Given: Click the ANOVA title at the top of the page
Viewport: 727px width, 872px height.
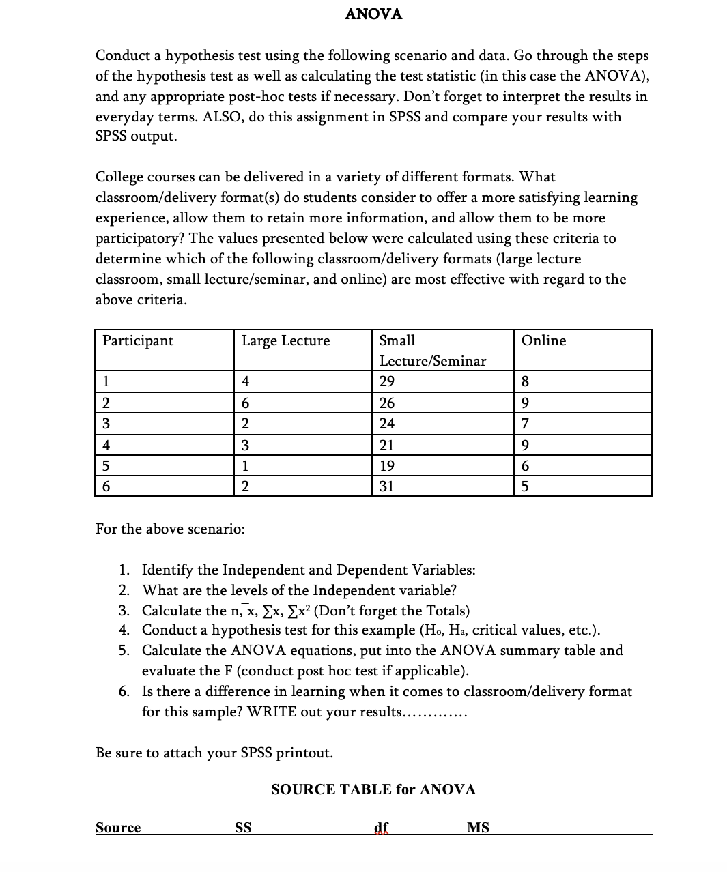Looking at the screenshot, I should tap(373, 14).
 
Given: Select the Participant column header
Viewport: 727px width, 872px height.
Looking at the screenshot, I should tap(138, 340).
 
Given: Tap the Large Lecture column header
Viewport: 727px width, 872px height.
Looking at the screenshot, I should tap(285, 340).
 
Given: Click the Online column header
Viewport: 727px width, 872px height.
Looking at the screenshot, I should tap(543, 340).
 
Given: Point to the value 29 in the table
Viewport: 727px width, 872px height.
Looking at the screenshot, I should tap(387, 381).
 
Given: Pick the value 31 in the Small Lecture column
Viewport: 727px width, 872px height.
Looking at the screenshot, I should tap(387, 486).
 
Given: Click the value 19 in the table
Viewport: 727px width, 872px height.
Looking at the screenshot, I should tap(387, 466).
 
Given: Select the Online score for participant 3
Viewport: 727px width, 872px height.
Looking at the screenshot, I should tap(524, 424).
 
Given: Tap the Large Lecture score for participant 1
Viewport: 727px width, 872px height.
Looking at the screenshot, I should tap(246, 381).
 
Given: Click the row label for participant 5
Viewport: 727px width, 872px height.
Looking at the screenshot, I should tap(106, 466).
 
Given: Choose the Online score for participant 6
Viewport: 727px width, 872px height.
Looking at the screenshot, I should tap(524, 486).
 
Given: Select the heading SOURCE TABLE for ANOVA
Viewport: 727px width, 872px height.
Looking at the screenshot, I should tap(373, 789).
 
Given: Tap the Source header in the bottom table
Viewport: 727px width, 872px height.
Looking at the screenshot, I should tap(118, 828).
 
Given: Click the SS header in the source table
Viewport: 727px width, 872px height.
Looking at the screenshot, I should tap(243, 828).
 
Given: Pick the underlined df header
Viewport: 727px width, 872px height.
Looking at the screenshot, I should tap(382, 828).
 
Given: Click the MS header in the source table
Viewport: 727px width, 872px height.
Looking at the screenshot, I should tap(478, 828).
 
